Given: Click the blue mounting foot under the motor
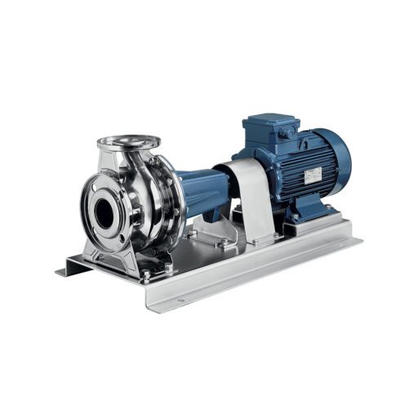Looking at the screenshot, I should coord(306,214).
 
